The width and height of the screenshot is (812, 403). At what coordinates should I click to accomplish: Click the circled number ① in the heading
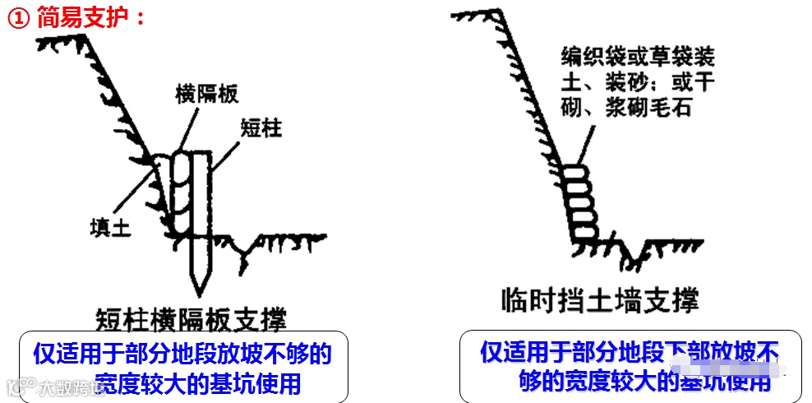click(18, 17)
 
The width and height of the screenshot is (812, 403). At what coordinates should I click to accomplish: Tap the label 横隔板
click(206, 94)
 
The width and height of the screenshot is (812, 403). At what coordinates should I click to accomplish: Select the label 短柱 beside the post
click(261, 127)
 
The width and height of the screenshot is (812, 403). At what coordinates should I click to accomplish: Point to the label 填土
click(110, 225)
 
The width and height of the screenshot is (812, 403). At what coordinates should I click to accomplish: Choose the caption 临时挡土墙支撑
click(600, 300)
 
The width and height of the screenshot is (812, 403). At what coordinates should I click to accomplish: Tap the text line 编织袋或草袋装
click(638, 58)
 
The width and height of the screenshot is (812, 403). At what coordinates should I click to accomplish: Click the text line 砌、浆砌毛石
click(626, 107)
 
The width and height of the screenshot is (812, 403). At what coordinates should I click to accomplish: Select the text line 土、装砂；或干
click(638, 82)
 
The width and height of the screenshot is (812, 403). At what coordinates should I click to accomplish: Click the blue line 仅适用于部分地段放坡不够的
click(182, 354)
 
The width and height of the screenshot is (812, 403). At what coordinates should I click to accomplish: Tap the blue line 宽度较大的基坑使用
click(197, 382)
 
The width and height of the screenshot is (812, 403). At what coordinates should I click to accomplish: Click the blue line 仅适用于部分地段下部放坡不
click(630, 352)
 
